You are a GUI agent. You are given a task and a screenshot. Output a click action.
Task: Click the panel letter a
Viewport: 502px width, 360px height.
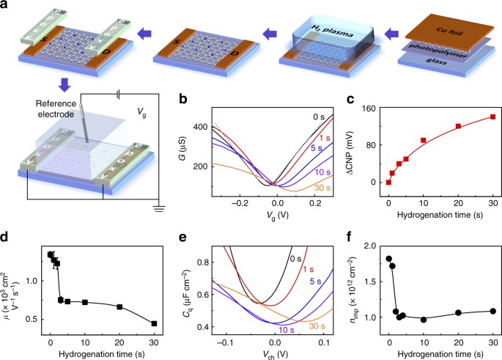point(6,7)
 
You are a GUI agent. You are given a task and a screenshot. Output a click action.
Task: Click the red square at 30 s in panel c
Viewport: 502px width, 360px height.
point(492,117)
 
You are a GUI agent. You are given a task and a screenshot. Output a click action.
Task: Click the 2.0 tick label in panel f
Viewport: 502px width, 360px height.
point(372,247)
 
